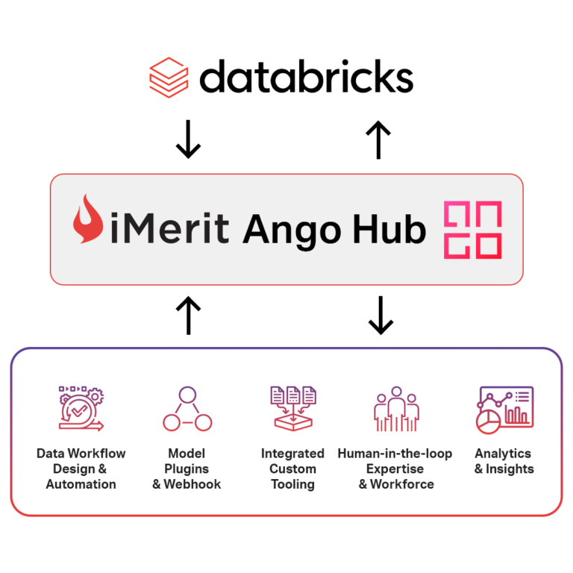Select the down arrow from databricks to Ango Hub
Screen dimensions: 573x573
(188, 140)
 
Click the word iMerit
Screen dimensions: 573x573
(170, 228)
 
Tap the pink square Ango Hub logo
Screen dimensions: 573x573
(472, 230)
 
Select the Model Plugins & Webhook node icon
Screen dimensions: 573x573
(187, 409)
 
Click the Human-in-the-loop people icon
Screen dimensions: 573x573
(395, 409)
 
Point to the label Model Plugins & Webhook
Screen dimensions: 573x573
(187, 469)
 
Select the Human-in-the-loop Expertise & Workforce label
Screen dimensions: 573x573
(395, 469)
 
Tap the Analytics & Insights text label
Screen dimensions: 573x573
(504, 461)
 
